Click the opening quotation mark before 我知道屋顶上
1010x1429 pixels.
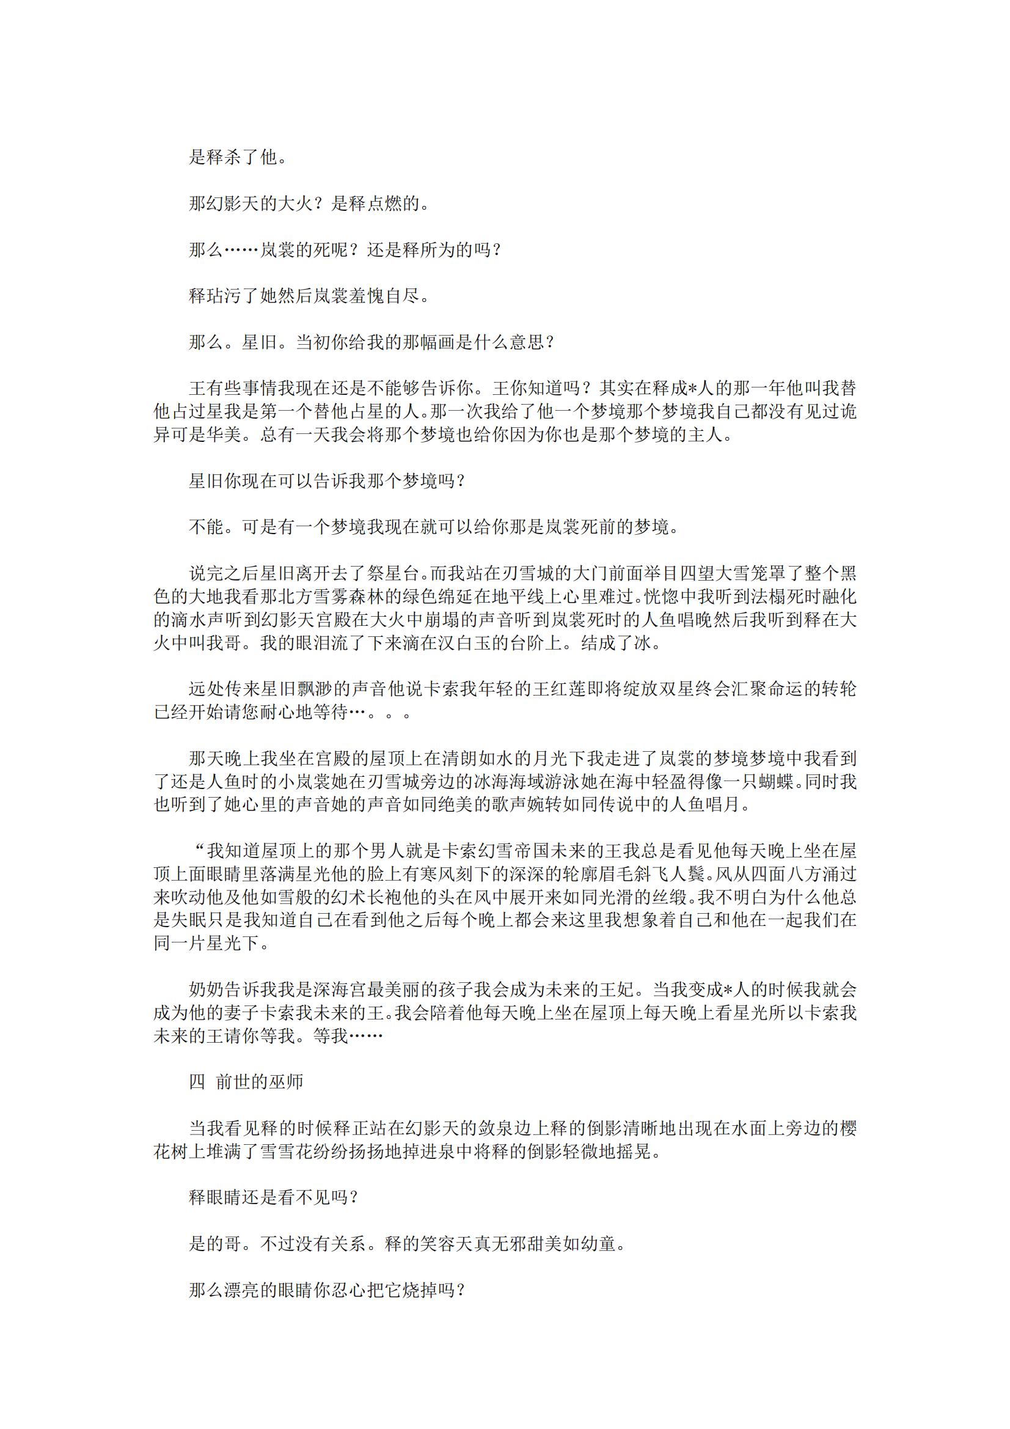coord(200,850)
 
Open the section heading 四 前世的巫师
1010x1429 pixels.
coord(246,1082)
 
